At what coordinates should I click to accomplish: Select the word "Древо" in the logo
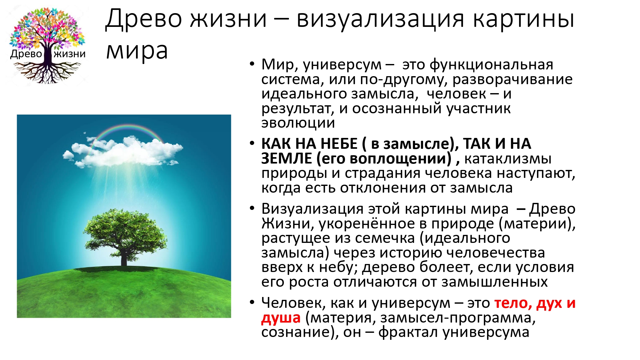(26, 54)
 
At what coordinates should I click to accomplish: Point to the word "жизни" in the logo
(70, 54)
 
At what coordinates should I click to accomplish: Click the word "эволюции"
(298, 123)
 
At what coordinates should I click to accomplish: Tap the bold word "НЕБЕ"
(339, 144)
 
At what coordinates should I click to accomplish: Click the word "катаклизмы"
(508, 159)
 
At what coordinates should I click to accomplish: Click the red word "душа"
(281, 318)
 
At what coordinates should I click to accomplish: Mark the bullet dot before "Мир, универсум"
(252, 64)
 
